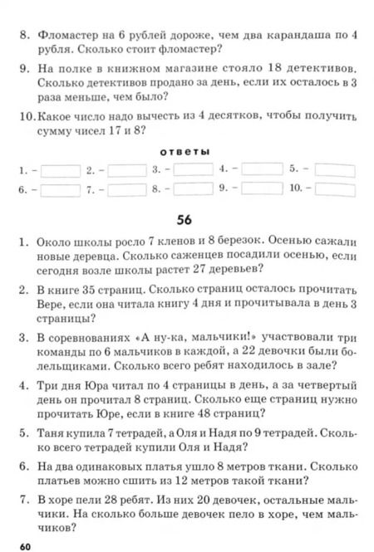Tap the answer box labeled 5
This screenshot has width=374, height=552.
[334, 169]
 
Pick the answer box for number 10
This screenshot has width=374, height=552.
[334, 189]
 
